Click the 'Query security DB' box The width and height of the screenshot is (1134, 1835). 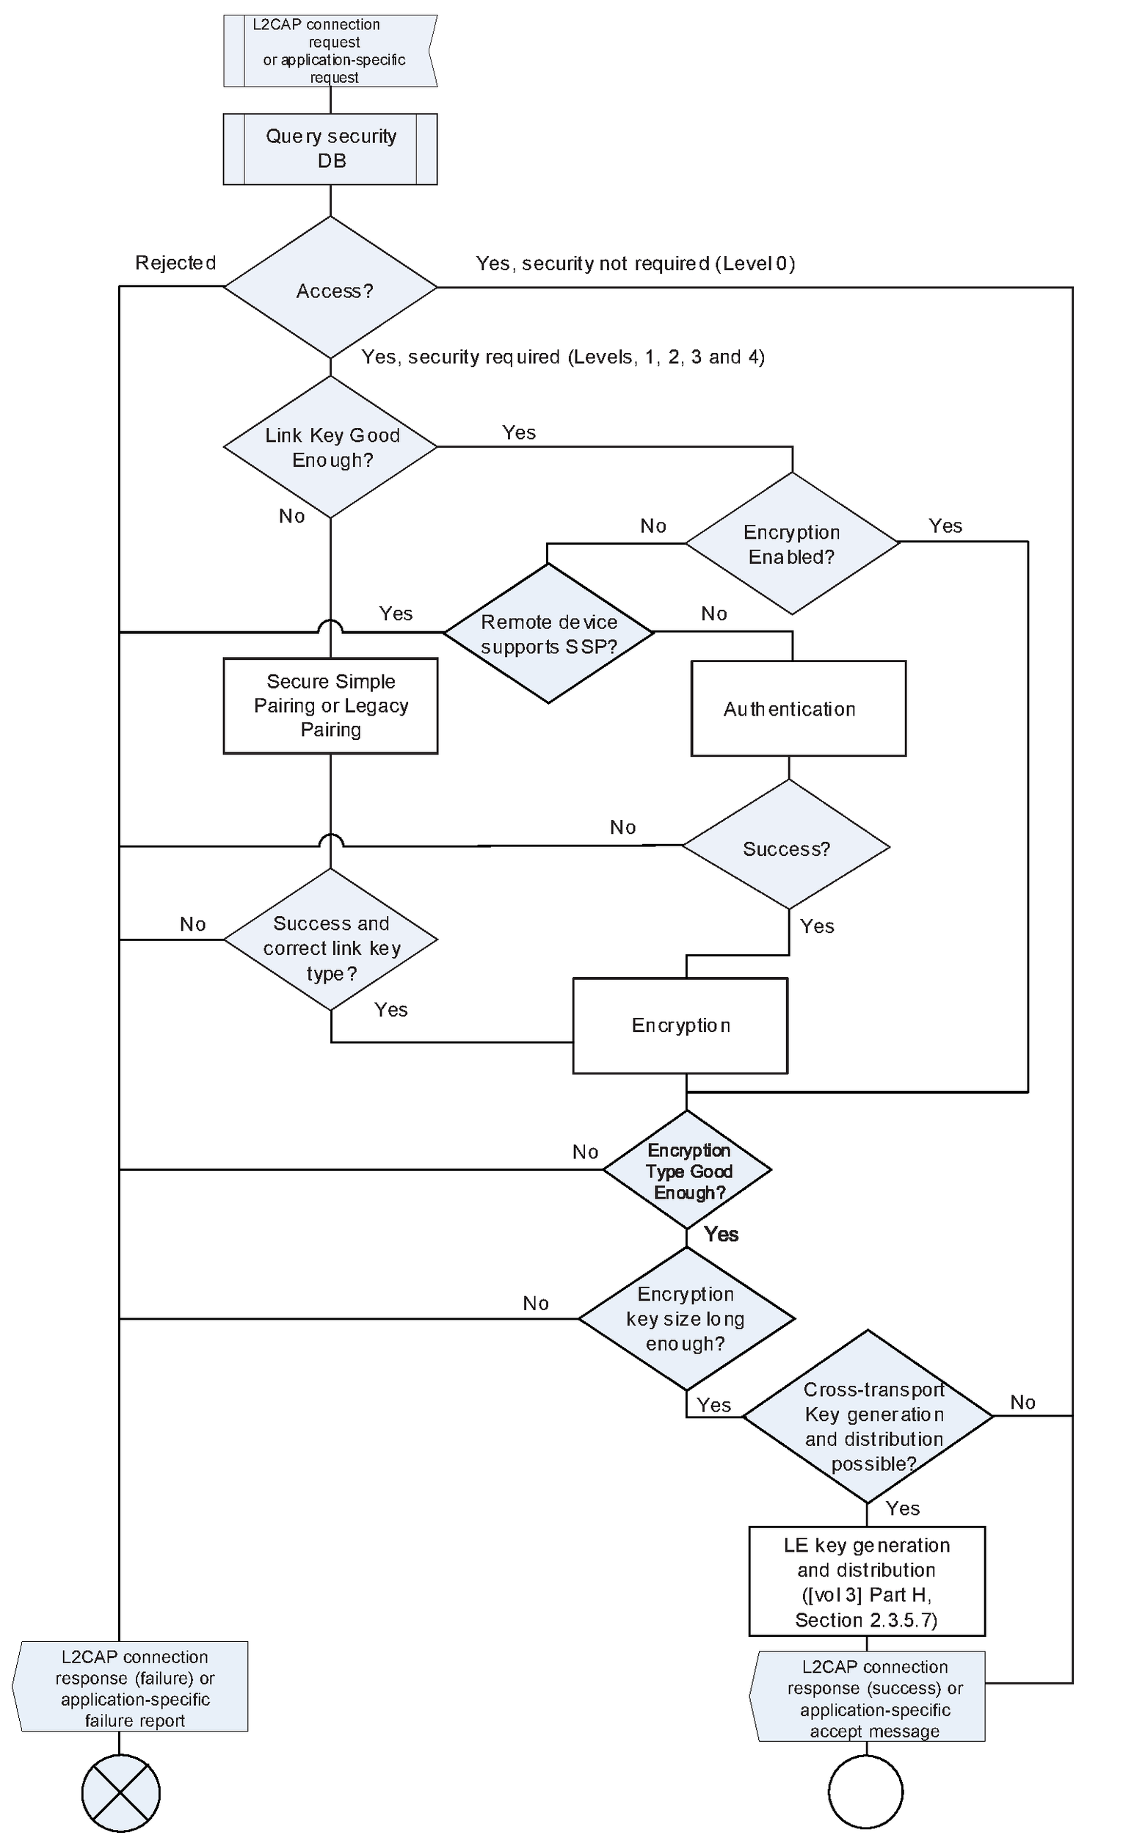point(330,148)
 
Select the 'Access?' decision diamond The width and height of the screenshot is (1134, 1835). point(330,288)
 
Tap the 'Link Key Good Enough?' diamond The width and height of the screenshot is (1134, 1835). point(330,447)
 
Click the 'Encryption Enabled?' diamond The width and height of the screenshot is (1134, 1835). point(792,543)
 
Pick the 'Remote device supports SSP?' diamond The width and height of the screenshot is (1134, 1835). point(548,633)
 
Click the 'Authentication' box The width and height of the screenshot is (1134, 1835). point(798,708)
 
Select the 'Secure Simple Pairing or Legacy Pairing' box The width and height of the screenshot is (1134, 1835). point(330,705)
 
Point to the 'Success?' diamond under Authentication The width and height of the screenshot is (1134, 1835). point(786,847)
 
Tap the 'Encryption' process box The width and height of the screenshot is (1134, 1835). point(680,1025)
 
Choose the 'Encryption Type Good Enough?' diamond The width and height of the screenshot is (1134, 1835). point(687,1171)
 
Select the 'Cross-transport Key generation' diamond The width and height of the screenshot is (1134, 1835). point(868,1417)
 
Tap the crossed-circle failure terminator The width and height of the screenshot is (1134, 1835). point(121,1794)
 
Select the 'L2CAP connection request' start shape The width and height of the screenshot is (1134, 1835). point(330,50)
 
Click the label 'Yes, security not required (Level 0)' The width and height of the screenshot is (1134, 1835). point(635,264)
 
